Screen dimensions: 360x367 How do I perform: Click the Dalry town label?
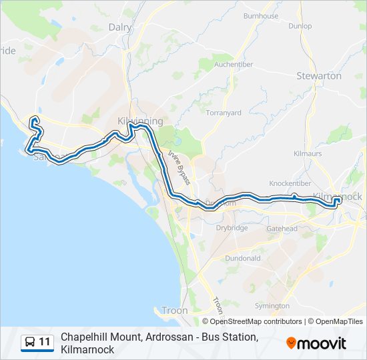120,27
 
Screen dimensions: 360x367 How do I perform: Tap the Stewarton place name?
319,76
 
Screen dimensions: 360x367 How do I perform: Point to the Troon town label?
175,311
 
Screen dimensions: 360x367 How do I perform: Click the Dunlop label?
300,26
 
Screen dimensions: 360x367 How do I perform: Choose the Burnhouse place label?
261,15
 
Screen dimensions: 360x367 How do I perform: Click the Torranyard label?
224,113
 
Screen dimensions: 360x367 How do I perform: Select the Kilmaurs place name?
308,153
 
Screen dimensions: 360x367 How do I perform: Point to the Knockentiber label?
290,183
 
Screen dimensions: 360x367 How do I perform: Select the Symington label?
272,305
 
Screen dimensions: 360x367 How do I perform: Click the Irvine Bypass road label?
179,167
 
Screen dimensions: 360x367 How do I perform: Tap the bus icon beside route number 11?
30,343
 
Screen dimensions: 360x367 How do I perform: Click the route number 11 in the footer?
45,343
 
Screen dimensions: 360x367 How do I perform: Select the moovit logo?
316,343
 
